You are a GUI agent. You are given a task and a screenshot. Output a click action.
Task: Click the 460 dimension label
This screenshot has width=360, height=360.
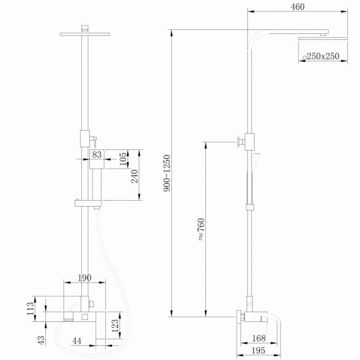click(297, 7)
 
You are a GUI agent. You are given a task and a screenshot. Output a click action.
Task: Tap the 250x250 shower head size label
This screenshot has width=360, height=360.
click(325, 57)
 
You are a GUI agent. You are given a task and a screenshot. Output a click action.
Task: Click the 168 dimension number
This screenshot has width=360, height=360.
click(259, 339)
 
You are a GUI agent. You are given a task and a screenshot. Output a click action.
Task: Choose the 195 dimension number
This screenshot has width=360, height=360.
click(259, 351)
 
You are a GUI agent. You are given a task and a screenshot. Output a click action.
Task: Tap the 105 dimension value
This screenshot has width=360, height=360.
click(123, 160)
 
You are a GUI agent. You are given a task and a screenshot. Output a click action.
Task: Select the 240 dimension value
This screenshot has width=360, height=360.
click(133, 176)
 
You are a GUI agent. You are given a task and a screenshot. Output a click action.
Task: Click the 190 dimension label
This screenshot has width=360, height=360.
click(85, 278)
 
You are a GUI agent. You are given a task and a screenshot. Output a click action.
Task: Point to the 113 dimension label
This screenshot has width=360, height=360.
click(30, 310)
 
